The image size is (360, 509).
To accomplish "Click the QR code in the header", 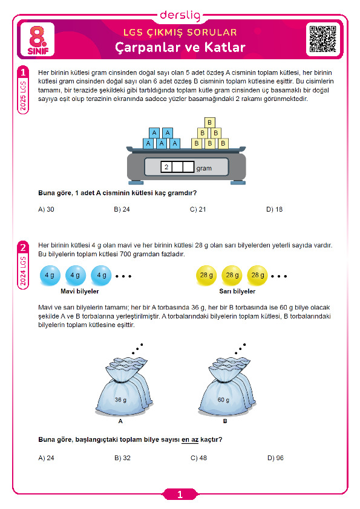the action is pyautogui.click(x=322, y=39).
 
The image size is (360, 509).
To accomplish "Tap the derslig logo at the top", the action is pyautogui.click(x=180, y=15).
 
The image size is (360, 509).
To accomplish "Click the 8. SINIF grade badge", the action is pyautogui.click(x=38, y=41).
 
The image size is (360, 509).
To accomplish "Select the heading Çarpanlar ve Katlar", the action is pyautogui.click(x=180, y=47).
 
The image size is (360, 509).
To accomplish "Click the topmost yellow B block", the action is pyautogui.click(x=209, y=122).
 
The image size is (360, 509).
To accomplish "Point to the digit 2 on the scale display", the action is pyautogui.click(x=166, y=167).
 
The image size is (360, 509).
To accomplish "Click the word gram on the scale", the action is pyautogui.click(x=204, y=168).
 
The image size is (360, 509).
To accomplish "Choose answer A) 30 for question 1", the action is pyautogui.click(x=46, y=209).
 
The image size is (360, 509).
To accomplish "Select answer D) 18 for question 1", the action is pyautogui.click(x=275, y=209).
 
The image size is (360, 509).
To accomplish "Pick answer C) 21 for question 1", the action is pyautogui.click(x=198, y=209).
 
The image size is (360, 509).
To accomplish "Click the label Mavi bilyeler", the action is pyautogui.click(x=80, y=291).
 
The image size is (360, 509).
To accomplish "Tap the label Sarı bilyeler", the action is pyautogui.click(x=237, y=291).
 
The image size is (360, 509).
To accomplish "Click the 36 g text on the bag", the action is pyautogui.click(x=120, y=400).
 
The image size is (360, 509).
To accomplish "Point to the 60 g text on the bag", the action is pyautogui.click(x=223, y=400).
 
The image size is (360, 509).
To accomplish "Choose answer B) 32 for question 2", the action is pyautogui.click(x=122, y=458).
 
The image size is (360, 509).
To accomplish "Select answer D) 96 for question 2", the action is pyautogui.click(x=275, y=458).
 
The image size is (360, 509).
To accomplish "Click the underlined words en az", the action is pyautogui.click(x=190, y=440).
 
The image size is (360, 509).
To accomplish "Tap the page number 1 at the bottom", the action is pyautogui.click(x=180, y=494).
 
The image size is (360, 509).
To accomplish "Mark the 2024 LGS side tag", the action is pyautogui.click(x=23, y=271).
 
